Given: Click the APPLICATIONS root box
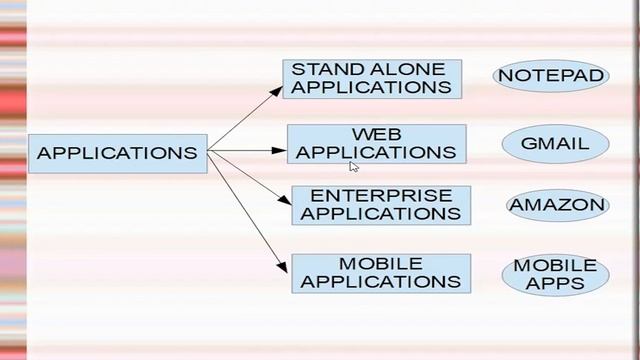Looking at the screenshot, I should [x=117, y=153].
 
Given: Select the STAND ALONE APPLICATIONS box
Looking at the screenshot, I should [x=371, y=78].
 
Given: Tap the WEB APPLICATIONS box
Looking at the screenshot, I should [x=376, y=143].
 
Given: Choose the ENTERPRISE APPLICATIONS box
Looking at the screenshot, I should [x=380, y=205].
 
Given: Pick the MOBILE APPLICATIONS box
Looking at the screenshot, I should [x=380, y=273].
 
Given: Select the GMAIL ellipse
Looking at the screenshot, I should [x=555, y=143].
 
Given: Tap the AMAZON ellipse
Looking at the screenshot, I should [x=558, y=206].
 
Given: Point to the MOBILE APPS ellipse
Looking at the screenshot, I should [x=555, y=274].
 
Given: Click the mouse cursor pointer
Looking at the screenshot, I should [x=353, y=167].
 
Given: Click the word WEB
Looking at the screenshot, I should [x=376, y=134].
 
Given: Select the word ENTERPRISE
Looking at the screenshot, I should [x=381, y=195].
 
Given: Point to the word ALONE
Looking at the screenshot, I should [x=412, y=68].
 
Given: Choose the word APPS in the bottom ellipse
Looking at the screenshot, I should [x=555, y=283].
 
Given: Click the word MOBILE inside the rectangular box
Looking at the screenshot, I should [x=381, y=263].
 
